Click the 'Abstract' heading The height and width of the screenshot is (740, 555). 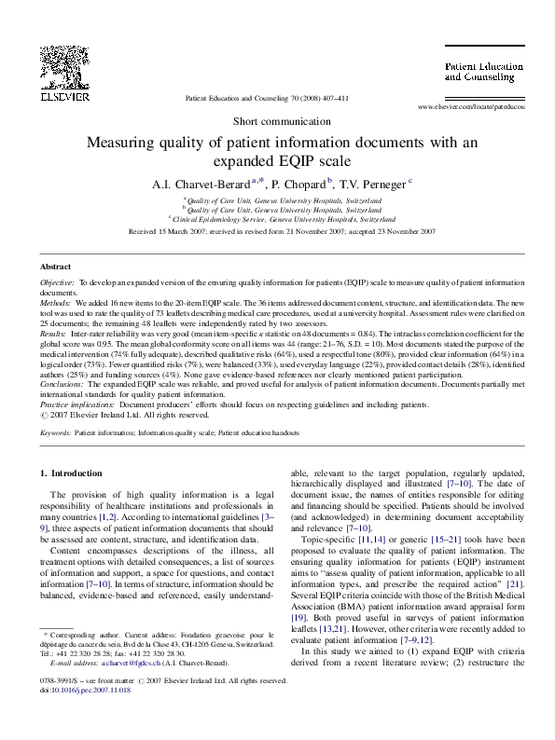point(57,267)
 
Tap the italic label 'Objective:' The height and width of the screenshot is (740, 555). point(60,281)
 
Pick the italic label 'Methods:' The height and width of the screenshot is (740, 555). point(58,303)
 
